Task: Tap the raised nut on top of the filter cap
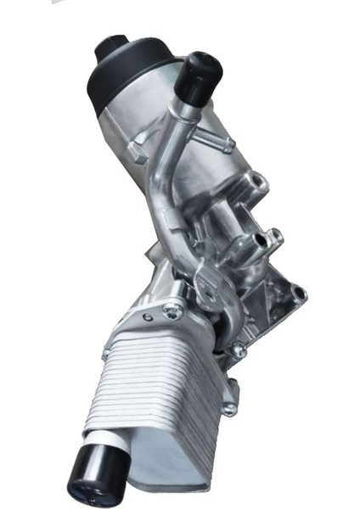[x=110, y=47]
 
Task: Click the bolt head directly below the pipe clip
[x=239, y=348]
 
